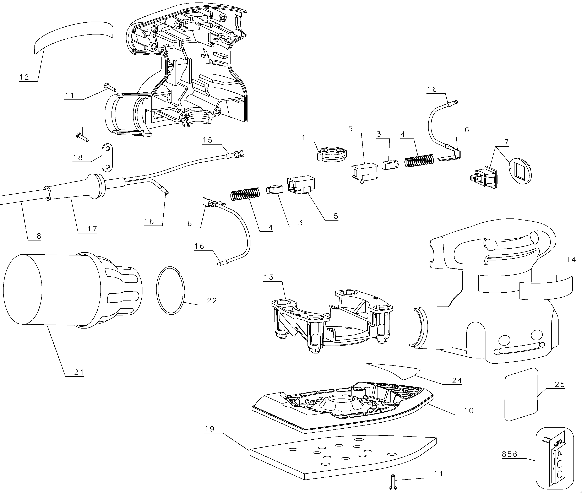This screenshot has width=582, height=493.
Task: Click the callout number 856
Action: (x=510, y=454)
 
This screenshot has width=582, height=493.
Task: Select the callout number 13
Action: (x=269, y=277)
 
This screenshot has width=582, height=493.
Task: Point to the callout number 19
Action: (x=210, y=429)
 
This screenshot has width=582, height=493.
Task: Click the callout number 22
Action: (x=212, y=300)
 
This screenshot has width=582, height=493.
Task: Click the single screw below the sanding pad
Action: (x=393, y=482)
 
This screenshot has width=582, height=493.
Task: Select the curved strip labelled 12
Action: (x=74, y=38)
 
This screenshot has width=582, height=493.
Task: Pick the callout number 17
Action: (x=92, y=229)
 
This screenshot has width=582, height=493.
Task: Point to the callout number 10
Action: (x=469, y=410)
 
